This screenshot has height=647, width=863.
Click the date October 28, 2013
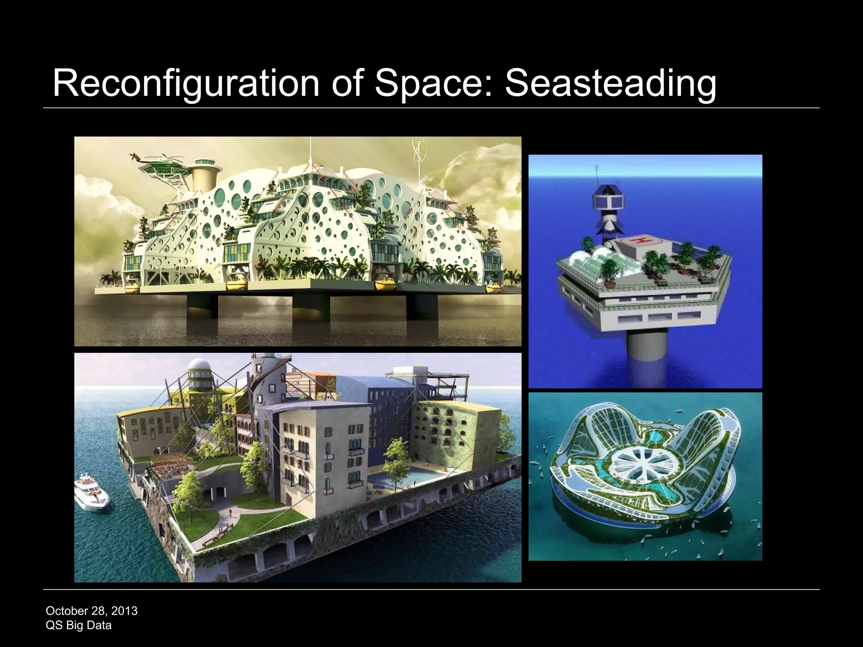tap(91, 611)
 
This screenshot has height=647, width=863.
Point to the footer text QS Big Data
tap(78, 625)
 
